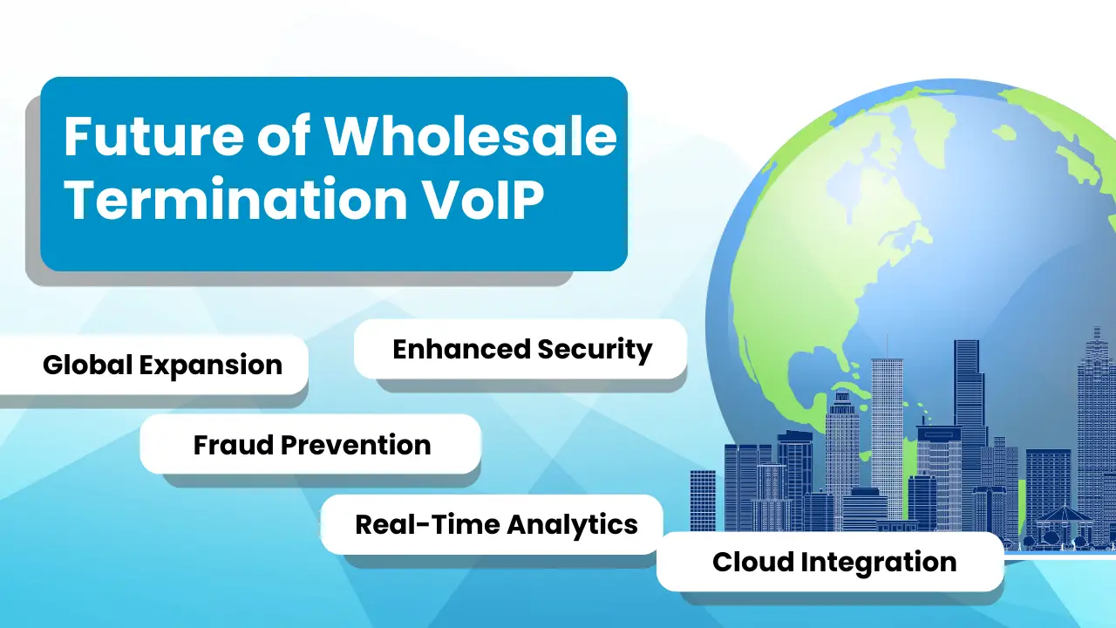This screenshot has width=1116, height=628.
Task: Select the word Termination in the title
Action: click(235, 199)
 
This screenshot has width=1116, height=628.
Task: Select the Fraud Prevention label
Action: click(312, 445)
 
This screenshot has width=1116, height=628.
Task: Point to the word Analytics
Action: click(573, 525)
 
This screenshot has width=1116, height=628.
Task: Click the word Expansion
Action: click(211, 365)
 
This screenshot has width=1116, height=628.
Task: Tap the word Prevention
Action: click(356, 445)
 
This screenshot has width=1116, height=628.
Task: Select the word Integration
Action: click(879, 563)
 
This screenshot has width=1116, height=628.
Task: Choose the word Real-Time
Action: click(427, 524)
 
